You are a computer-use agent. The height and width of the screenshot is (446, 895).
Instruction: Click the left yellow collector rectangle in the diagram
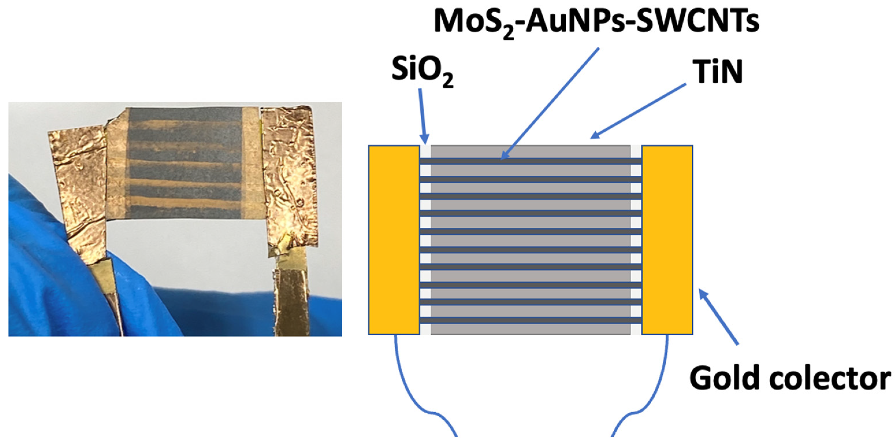pos(394,240)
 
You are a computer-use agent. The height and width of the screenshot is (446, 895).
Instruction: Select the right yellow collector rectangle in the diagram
pos(667,240)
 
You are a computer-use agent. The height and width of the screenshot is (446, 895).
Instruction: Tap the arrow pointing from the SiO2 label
pos(423,115)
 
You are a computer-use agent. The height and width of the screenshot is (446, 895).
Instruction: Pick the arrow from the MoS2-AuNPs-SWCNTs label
pos(549,104)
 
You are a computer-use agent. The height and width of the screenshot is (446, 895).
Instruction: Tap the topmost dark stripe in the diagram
pos(530,161)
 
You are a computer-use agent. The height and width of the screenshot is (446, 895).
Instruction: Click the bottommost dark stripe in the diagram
pos(530,320)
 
